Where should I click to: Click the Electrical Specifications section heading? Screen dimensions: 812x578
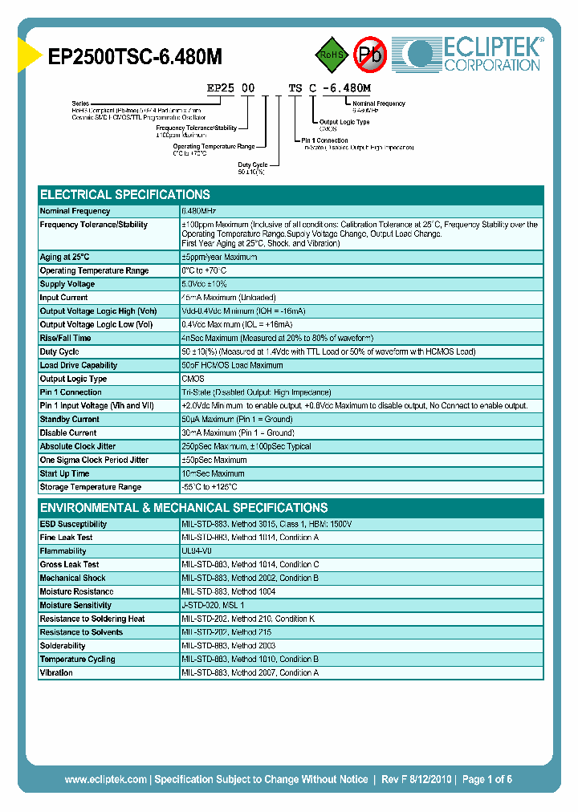(x=125, y=195)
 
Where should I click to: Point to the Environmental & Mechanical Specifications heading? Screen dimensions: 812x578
(x=184, y=508)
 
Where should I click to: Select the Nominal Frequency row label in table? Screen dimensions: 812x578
(x=75, y=211)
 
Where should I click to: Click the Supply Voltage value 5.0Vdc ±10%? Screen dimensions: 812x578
(x=206, y=284)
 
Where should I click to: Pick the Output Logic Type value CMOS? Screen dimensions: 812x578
(x=193, y=379)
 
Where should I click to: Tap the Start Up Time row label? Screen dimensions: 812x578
(x=65, y=473)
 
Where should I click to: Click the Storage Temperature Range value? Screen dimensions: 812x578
(x=210, y=487)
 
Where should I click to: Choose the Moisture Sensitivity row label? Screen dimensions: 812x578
(x=75, y=605)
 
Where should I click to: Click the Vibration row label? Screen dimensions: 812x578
(x=56, y=672)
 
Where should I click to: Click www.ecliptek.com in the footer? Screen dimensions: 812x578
(x=105, y=779)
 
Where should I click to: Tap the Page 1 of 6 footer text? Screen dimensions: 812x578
(x=486, y=779)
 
